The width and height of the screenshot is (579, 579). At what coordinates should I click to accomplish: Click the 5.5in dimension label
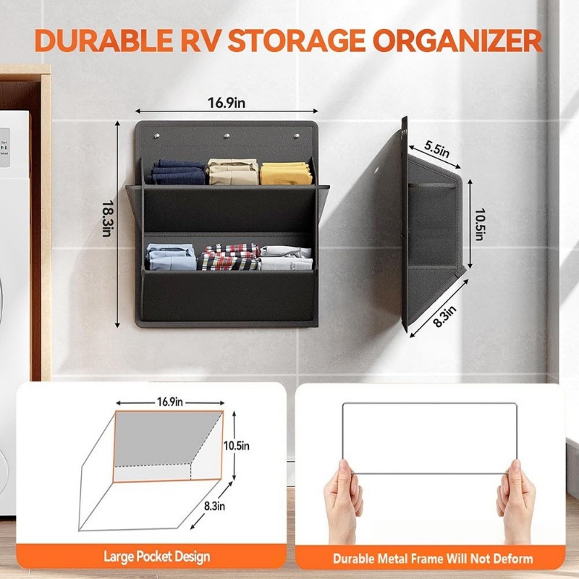pyautogui.click(x=436, y=150)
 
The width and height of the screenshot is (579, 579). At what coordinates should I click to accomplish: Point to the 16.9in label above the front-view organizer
pyautogui.click(x=227, y=103)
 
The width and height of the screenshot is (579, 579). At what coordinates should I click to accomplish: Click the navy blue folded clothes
pyautogui.click(x=177, y=173)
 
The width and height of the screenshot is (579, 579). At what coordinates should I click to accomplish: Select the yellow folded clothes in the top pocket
pyautogui.click(x=284, y=173)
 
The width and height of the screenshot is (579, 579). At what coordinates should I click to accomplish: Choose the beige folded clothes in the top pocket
pyautogui.click(x=232, y=172)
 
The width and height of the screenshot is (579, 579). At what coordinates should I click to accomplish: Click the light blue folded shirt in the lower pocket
pyautogui.click(x=171, y=258)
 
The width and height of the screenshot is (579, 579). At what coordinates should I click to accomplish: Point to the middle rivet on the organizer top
pyautogui.click(x=227, y=135)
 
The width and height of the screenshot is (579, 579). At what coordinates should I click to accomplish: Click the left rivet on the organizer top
pyautogui.click(x=157, y=135)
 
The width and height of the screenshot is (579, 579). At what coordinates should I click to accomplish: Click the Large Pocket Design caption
pyautogui.click(x=156, y=557)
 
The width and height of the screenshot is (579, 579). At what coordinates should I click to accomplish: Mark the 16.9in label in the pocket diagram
pyautogui.click(x=169, y=401)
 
